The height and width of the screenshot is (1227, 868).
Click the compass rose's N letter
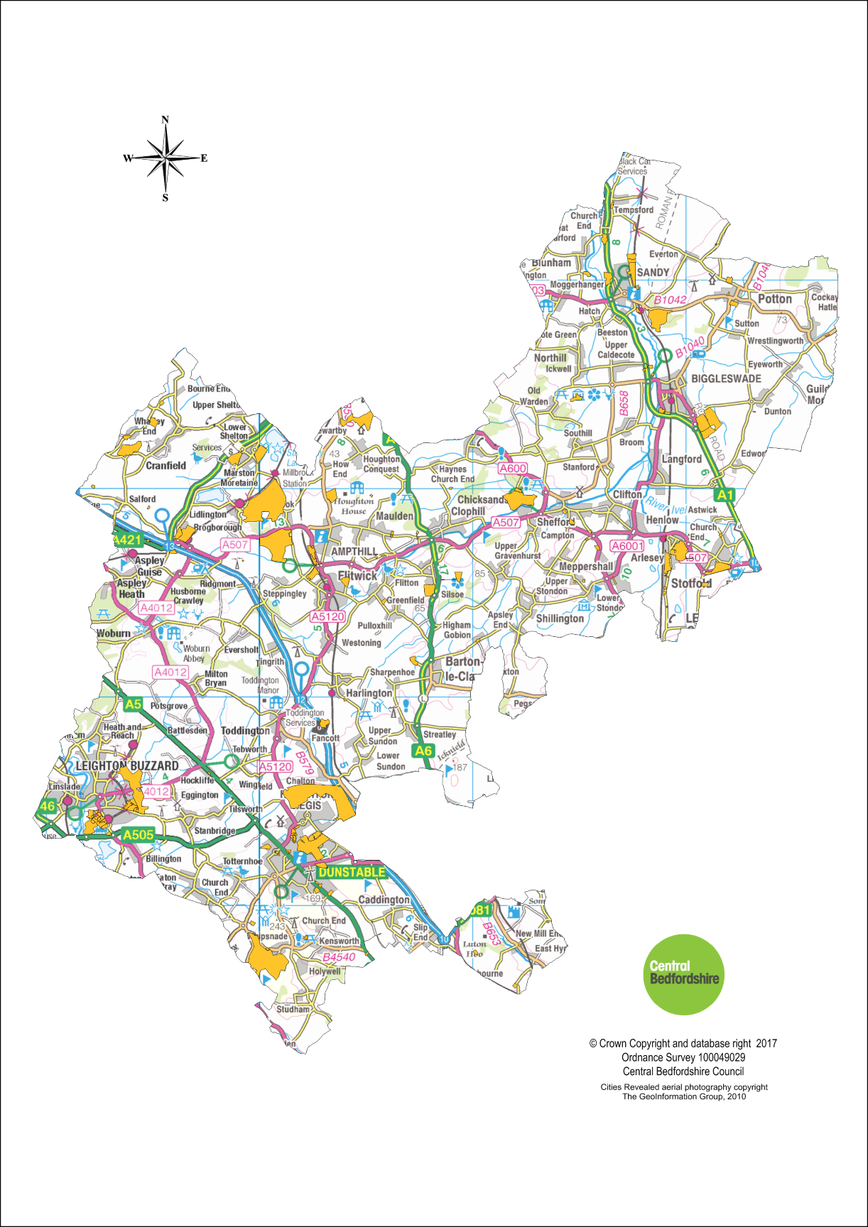(x=166, y=119)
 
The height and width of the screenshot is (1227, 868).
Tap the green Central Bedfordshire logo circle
(x=683, y=974)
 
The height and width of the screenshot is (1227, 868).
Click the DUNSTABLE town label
(x=352, y=872)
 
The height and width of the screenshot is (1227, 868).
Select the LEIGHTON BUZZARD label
(x=127, y=765)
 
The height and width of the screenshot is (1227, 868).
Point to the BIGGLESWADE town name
(x=726, y=378)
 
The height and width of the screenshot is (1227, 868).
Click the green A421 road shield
(x=129, y=540)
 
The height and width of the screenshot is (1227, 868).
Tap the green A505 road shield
(x=138, y=834)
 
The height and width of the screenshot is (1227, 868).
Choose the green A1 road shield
(x=725, y=495)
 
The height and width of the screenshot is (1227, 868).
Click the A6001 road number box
(x=627, y=545)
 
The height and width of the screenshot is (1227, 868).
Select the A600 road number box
(x=513, y=468)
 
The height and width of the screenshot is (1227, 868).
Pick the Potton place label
(x=774, y=299)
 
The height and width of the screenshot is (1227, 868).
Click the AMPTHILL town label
(x=354, y=551)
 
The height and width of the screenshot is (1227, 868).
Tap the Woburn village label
(x=114, y=633)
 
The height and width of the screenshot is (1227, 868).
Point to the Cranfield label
(x=166, y=466)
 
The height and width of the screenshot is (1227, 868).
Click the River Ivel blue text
(x=665, y=506)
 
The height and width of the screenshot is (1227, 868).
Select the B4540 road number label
(x=338, y=956)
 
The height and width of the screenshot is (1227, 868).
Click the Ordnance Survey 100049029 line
(x=683, y=1057)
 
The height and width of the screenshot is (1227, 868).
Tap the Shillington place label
(x=560, y=618)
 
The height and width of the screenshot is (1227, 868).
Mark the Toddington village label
(x=245, y=730)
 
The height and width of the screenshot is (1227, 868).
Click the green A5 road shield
(x=133, y=704)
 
